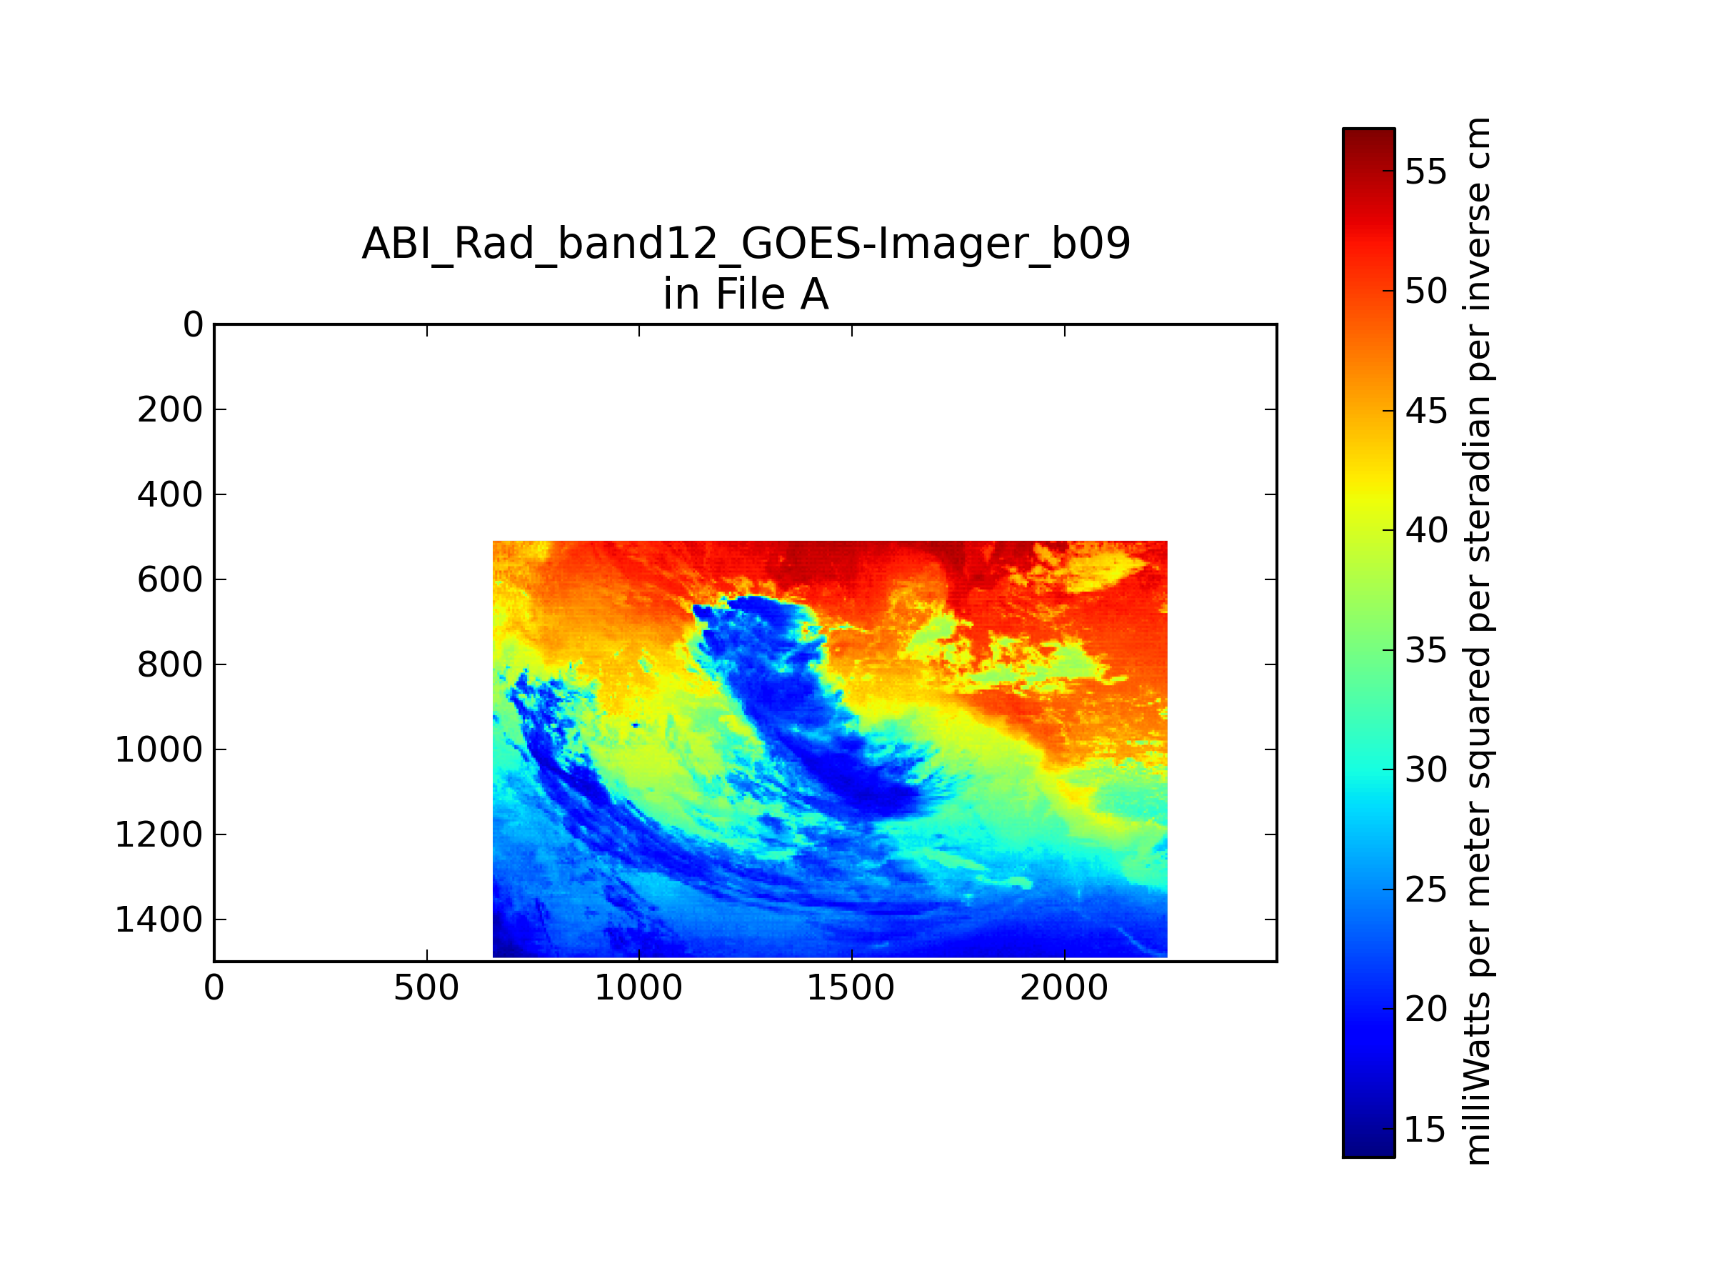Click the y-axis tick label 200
170,410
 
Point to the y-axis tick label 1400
159,920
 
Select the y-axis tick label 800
170,665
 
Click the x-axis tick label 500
426,988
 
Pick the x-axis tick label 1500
851,988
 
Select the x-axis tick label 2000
1064,988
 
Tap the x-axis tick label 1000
638,988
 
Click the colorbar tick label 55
1425,172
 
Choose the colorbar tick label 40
1425,531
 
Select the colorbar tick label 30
1425,770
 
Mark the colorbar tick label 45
1425,412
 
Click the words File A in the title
772,294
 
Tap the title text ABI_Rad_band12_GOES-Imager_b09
746,244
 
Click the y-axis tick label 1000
159,750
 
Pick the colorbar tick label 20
1425,1010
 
